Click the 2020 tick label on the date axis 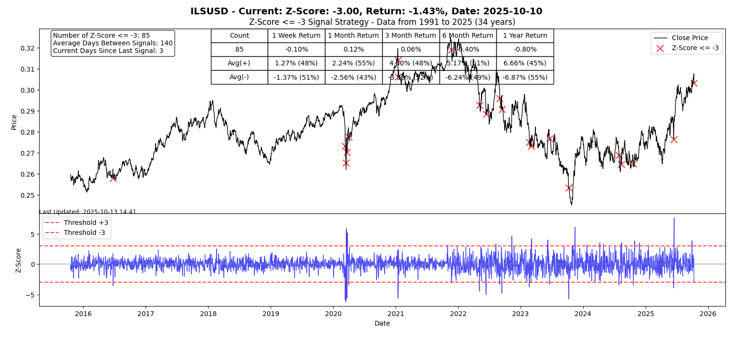point(333,314)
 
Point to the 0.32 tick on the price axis point(28,48)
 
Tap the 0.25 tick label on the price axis point(28,195)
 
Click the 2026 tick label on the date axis point(708,314)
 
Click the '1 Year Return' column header point(525,36)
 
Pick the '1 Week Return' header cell point(296,36)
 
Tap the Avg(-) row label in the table point(239,77)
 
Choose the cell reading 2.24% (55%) point(353,64)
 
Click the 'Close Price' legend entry point(690,38)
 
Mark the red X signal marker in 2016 point(113,178)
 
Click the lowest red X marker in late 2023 point(569,188)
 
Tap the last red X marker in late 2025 point(694,83)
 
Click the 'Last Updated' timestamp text point(88,212)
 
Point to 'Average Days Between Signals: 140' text point(113,43)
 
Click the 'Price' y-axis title point(14,122)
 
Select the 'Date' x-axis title point(382,324)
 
